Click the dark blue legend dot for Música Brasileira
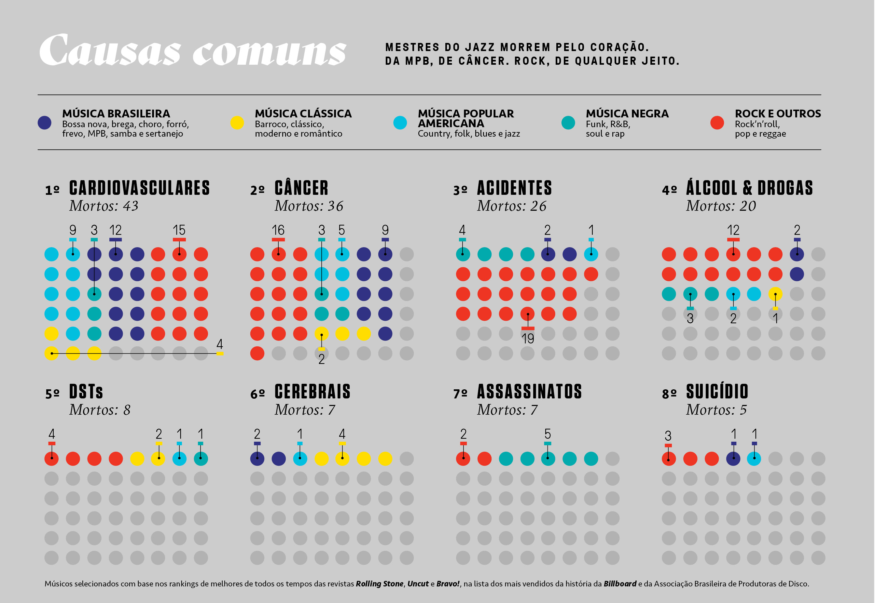tap(45, 123)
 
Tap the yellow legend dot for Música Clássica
tap(237, 123)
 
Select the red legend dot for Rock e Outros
tap(717, 123)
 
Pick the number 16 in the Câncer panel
tap(278, 230)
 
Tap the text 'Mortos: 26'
tap(511, 206)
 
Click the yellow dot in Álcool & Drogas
tap(775, 294)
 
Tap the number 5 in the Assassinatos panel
tap(548, 434)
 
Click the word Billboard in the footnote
tap(620, 584)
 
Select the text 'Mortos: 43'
tap(104, 206)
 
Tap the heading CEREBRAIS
tap(312, 391)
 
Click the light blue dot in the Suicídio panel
tap(754, 459)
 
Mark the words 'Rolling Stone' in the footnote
tap(379, 584)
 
